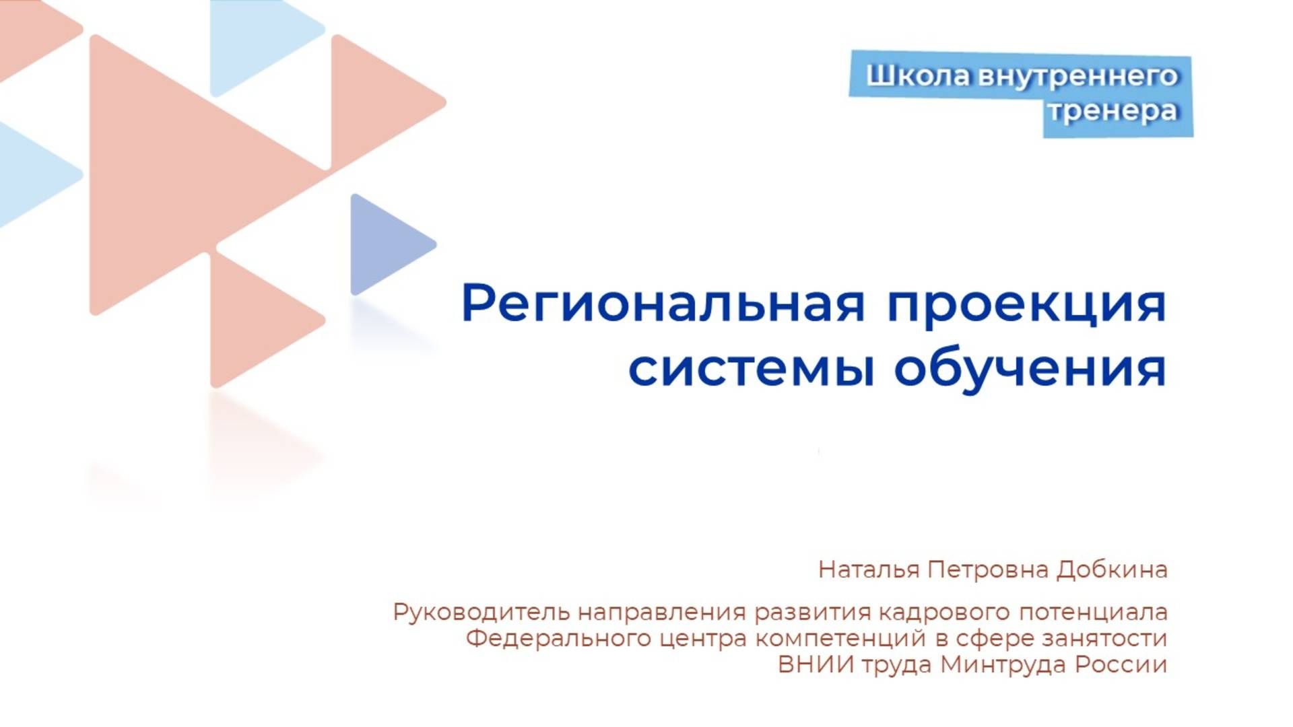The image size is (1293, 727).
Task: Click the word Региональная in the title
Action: pos(663,304)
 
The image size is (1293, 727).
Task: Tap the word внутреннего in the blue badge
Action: pos(1077,75)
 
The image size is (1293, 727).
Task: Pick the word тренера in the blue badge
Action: pos(1113,110)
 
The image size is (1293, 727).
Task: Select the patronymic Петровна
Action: pos(988,569)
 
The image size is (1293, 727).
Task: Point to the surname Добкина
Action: pos(1111,569)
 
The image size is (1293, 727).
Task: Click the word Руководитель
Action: pos(482,612)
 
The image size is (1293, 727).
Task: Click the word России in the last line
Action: pos(1121,664)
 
